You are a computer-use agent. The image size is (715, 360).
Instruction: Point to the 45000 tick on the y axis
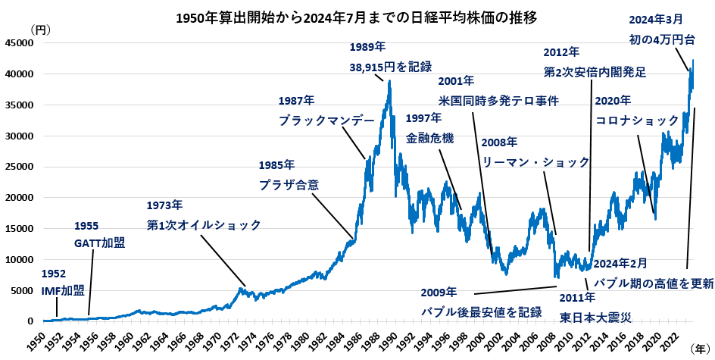pyautogui.click(x=18, y=43)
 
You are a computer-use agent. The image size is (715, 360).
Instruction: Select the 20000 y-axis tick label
pyautogui.click(x=18, y=198)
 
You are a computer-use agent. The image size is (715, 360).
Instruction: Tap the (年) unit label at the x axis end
pyautogui.click(x=701, y=345)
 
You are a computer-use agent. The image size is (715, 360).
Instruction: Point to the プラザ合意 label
pyautogui.click(x=289, y=184)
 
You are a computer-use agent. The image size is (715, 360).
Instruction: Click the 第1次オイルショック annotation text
pyautogui.click(x=204, y=224)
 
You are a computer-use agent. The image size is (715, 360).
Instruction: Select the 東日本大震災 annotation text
pyautogui.click(x=595, y=317)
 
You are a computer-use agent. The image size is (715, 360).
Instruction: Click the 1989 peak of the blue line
pyautogui.click(x=389, y=81)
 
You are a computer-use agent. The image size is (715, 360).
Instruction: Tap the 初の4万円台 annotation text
pyautogui.click(x=667, y=39)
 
